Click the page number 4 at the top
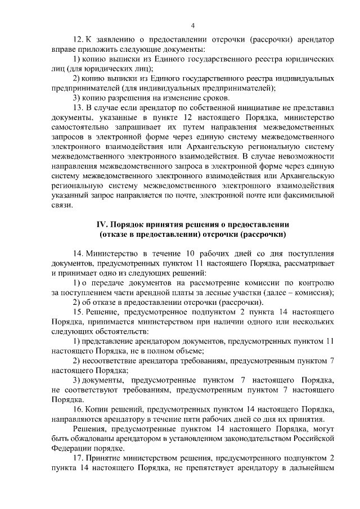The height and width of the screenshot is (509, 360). pyautogui.click(x=192, y=25)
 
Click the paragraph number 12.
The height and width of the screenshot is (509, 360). pyautogui.click(x=79, y=40)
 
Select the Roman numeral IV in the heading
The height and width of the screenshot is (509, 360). pyautogui.click(x=104, y=224)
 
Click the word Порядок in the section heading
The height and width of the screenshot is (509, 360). pyautogui.click(x=132, y=224)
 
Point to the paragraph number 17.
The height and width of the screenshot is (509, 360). pyautogui.click(x=79, y=459)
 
